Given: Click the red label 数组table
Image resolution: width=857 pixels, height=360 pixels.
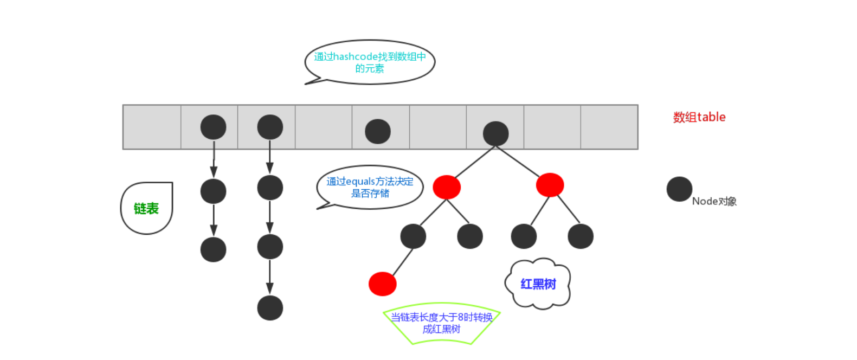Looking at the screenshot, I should [x=699, y=117].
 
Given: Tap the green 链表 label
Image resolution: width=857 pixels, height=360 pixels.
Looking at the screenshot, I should [x=146, y=209].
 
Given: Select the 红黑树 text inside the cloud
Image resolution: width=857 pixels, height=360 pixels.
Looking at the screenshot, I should [x=538, y=284].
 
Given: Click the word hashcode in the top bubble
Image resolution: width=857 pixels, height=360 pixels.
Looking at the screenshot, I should [x=356, y=56].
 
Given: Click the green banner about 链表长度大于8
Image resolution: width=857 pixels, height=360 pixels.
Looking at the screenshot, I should [x=441, y=323].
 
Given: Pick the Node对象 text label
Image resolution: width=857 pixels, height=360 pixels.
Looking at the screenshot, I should [x=714, y=202].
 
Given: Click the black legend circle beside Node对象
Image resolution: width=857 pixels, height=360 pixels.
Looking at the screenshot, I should [x=679, y=189].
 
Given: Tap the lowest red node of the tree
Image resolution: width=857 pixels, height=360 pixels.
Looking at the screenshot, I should [x=382, y=284].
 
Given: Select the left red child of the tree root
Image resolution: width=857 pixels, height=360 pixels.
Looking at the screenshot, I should [x=447, y=187].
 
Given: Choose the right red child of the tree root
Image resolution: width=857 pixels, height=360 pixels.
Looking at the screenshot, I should [x=550, y=185].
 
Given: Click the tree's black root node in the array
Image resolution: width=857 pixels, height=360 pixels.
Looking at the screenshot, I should [x=495, y=134].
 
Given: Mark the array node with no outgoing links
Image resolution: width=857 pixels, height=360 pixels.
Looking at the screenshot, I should [x=378, y=131].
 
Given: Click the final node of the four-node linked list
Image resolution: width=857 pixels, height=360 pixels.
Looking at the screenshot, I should [x=270, y=308].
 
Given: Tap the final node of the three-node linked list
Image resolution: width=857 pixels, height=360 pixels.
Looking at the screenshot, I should [x=213, y=250].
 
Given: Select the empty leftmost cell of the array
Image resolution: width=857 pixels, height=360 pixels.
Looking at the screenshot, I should [x=152, y=127].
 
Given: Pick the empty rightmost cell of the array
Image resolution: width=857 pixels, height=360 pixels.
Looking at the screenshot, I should [x=609, y=127].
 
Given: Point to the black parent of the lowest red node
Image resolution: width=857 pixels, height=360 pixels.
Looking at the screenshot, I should [x=413, y=236].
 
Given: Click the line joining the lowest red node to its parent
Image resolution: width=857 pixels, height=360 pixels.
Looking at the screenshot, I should [x=402, y=262].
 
